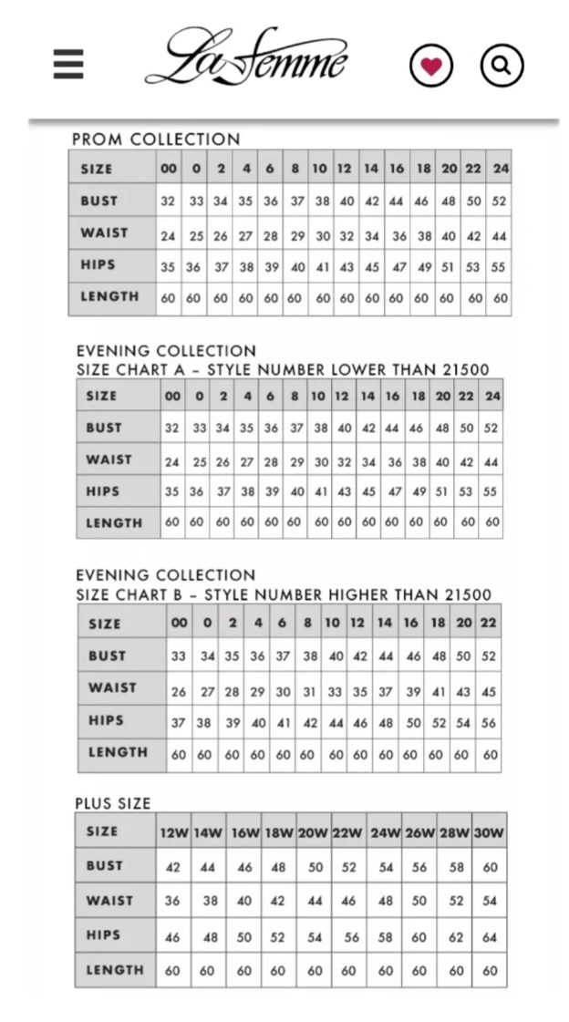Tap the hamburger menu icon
(68, 64)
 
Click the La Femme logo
(247, 57)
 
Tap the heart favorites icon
(430, 65)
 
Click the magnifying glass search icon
(502, 65)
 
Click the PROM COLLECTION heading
(156, 139)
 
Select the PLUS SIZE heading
(113, 803)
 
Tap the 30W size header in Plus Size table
(490, 832)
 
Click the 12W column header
(173, 832)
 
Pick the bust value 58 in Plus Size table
(456, 867)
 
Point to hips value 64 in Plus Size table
(490, 936)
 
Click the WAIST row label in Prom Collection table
(104, 232)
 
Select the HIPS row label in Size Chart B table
(106, 720)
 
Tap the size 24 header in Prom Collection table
(501, 169)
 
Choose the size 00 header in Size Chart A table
(172, 397)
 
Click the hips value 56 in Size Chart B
(489, 722)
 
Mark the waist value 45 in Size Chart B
(489, 692)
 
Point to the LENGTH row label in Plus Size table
(115, 970)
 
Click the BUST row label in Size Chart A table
(104, 428)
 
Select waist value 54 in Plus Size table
(490, 901)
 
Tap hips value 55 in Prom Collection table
(500, 267)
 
